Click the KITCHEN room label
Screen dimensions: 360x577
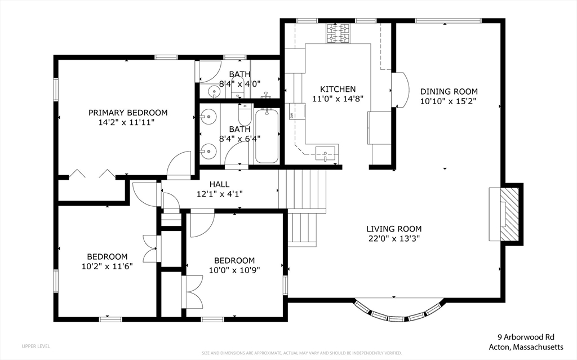click(338, 89)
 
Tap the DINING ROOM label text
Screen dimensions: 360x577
click(449, 92)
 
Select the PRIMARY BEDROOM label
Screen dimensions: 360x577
click(128, 112)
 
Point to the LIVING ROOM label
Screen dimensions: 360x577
click(394, 229)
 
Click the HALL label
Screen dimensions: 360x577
click(219, 184)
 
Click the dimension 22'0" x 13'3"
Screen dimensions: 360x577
click(394, 238)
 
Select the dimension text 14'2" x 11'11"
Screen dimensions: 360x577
click(128, 122)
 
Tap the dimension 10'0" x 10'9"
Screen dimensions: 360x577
click(234, 270)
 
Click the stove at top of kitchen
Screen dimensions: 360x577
click(338, 33)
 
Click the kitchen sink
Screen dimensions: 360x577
click(326, 153)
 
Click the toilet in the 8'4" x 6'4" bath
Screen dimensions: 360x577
click(245, 115)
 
